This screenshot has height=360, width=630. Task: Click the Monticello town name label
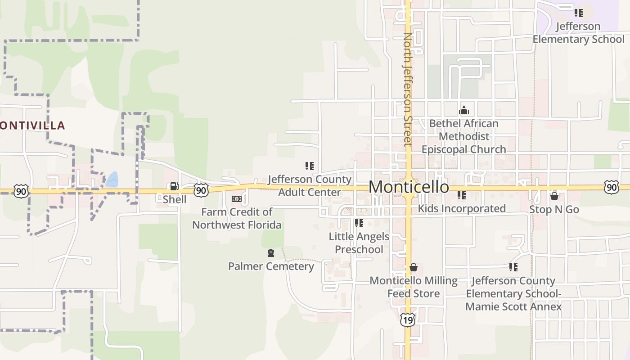click(409, 187)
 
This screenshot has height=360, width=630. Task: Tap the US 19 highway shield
click(407, 320)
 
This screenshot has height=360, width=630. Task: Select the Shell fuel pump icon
click(174, 186)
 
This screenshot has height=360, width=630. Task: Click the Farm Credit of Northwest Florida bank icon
click(236, 199)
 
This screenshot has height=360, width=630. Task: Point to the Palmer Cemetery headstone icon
click(270, 253)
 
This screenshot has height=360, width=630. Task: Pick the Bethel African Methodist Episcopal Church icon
click(463, 110)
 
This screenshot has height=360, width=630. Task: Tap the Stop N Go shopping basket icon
click(554, 196)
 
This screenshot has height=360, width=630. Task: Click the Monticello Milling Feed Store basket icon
click(414, 267)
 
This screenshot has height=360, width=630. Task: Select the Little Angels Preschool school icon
click(359, 223)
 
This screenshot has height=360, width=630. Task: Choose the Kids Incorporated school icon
click(461, 195)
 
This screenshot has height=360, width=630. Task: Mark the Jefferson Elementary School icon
click(578, 13)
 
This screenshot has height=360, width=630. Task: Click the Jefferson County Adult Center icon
click(309, 166)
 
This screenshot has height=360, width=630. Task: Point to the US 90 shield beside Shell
click(201, 190)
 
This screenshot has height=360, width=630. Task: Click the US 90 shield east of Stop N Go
click(611, 187)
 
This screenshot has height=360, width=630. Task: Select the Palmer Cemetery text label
click(271, 266)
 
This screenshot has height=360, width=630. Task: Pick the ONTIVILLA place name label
click(33, 126)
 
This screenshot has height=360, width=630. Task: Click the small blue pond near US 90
click(112, 180)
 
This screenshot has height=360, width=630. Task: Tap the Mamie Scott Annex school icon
click(513, 267)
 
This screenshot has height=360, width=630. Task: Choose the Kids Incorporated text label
click(462, 209)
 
